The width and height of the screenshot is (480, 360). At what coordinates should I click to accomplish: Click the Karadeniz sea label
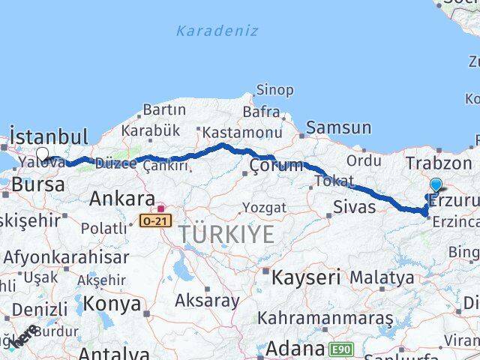click(x=217, y=31)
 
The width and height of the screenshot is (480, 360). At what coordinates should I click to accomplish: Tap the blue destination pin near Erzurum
click(x=436, y=184)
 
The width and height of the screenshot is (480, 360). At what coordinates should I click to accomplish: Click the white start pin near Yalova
click(x=42, y=155)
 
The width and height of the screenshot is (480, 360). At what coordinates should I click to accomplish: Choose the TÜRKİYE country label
click(x=226, y=235)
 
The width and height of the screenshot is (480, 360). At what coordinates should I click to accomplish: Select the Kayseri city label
click(x=305, y=277)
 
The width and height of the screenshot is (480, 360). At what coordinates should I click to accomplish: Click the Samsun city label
click(x=338, y=128)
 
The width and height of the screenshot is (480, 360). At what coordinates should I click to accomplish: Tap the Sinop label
click(x=274, y=90)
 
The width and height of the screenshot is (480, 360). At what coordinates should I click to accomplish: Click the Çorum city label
click(x=276, y=166)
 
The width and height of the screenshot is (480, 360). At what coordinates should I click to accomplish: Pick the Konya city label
click(x=112, y=304)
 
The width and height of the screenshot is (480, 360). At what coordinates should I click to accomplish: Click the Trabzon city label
click(x=438, y=163)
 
